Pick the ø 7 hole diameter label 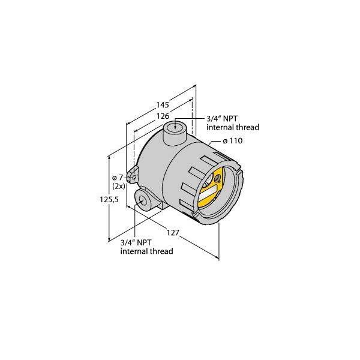click(x=116, y=177)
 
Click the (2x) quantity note click(x=118, y=187)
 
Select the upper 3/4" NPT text click(x=220, y=118)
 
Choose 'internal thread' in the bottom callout click(x=146, y=251)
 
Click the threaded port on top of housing click(x=175, y=127)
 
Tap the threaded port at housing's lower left click(x=143, y=200)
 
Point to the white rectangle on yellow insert click(x=211, y=193)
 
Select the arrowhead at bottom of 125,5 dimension click(x=109, y=239)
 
